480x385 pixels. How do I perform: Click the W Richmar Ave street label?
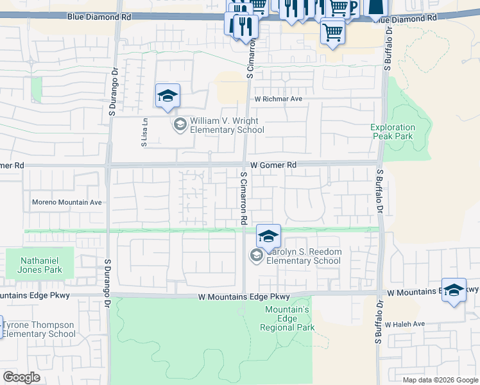tap(278, 99)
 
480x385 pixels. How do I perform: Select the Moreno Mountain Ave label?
tap(67, 202)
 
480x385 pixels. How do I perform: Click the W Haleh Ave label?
tap(405, 323)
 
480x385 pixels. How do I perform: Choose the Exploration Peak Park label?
tap(392, 132)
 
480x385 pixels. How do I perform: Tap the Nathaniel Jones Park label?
tap(41, 266)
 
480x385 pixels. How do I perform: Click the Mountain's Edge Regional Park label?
tap(287, 319)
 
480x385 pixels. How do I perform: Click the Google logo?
tap(21, 377)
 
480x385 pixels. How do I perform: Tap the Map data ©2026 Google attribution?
tap(440, 380)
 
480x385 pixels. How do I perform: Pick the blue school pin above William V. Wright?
tap(167, 97)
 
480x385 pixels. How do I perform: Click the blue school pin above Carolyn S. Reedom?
tap(268, 236)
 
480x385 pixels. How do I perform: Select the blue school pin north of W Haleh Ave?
tap(454, 290)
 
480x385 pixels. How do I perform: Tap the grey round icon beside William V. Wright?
tap(180, 124)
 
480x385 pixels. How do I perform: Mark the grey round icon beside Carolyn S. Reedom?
tap(257, 257)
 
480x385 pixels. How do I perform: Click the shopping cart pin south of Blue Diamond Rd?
tap(332, 31)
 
